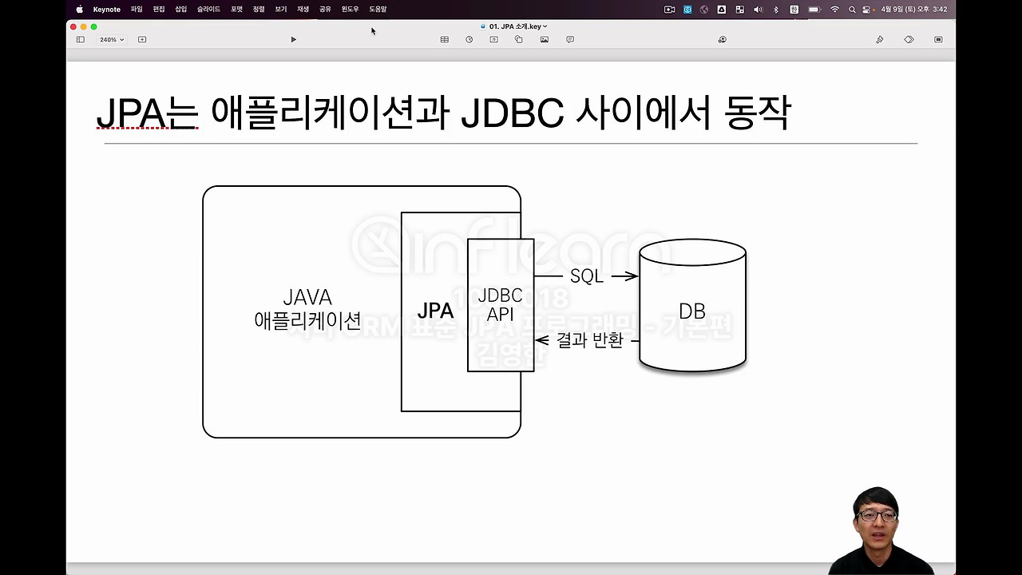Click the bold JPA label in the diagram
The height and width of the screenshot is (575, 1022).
tap(435, 311)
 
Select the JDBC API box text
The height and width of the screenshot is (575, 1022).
tap(500, 305)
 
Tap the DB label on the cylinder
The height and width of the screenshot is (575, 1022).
tap(691, 311)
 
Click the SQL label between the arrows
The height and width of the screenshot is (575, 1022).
tap(586, 276)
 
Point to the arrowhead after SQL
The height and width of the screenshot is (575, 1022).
tap(632, 276)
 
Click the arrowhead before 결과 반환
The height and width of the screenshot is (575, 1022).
tap(541, 341)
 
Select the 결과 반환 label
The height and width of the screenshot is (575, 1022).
tap(590, 340)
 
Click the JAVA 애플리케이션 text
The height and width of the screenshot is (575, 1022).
tap(307, 309)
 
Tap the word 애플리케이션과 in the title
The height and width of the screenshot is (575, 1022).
tap(331, 113)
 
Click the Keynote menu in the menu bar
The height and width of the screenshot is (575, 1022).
tap(106, 10)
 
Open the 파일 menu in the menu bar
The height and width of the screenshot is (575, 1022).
tap(137, 10)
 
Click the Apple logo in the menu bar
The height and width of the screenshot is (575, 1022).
tap(79, 10)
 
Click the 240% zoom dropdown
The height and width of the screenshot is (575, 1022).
tap(111, 39)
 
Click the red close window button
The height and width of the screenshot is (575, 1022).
tap(73, 26)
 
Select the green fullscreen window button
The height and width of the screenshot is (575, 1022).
tap(93, 26)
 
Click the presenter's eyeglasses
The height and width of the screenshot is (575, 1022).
tap(875, 515)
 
